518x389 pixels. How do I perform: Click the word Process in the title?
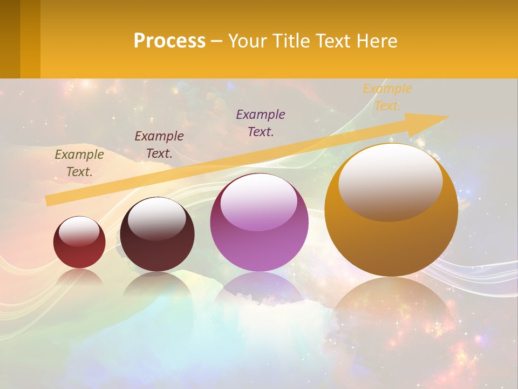(169, 41)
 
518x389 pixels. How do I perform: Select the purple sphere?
(259, 238)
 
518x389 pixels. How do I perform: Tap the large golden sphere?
(391, 243)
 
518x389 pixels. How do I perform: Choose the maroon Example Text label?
(159, 145)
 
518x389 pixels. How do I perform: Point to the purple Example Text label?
(261, 123)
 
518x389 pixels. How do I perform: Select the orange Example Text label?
(387, 97)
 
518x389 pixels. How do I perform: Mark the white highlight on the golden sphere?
(390, 181)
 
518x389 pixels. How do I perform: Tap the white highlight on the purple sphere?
(259, 203)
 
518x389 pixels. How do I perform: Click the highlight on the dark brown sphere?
(156, 218)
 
